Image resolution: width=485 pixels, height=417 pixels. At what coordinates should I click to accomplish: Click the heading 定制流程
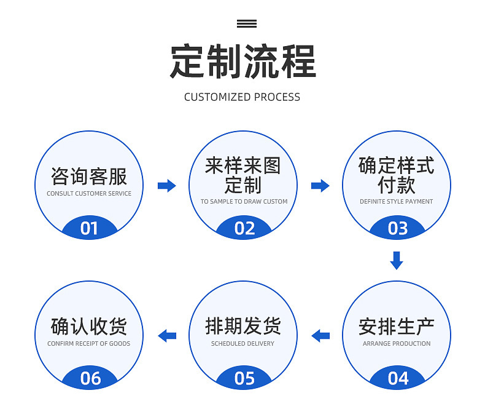[243, 61]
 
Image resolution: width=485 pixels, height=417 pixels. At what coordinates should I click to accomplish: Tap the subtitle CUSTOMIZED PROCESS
[242, 97]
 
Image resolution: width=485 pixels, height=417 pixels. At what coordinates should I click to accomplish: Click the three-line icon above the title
[247, 23]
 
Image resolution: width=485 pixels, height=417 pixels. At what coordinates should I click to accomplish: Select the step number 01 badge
[90, 228]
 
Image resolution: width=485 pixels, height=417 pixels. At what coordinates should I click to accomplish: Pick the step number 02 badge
[244, 228]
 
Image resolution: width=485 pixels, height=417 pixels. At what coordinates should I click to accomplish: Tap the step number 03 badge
[397, 228]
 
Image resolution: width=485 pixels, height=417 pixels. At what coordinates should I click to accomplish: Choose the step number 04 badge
[397, 378]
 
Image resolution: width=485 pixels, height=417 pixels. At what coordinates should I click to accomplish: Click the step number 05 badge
[244, 378]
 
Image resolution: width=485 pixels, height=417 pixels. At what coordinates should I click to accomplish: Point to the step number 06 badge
[90, 378]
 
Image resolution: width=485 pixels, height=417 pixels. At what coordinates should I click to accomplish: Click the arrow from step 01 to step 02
[167, 186]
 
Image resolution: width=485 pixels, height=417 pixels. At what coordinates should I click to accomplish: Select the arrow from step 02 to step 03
[320, 186]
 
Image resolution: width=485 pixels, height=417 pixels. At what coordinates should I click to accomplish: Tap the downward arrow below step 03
[397, 261]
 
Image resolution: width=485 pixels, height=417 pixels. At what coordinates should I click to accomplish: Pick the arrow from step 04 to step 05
[320, 336]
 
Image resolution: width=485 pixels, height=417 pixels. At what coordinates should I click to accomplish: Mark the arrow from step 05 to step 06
[167, 336]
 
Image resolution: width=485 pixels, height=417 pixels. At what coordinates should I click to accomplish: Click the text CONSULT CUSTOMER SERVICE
[89, 193]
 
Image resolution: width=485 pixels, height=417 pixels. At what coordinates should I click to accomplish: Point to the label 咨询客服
[89, 177]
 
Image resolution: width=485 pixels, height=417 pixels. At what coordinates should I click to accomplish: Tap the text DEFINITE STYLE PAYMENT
[396, 201]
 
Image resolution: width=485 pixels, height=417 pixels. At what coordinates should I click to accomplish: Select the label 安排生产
[397, 327]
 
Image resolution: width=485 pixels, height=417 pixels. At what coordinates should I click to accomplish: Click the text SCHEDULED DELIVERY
[243, 344]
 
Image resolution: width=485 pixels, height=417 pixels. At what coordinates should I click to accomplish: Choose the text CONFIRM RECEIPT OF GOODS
[89, 344]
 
